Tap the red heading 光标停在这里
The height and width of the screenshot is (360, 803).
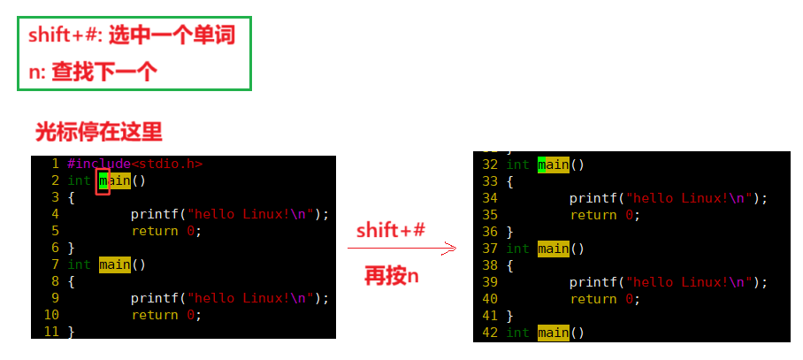[x=98, y=133]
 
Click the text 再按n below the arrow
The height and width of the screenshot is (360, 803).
[x=391, y=277]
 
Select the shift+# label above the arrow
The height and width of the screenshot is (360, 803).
[x=391, y=231]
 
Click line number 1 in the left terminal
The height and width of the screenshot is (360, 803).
[x=55, y=164]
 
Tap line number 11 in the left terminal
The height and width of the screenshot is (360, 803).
[x=50, y=332]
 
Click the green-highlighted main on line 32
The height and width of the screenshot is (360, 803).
[x=553, y=165]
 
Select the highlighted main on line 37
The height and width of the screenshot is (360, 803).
[x=553, y=249]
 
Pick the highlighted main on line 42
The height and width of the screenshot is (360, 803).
[x=553, y=333]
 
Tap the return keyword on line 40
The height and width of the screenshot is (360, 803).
[x=593, y=299]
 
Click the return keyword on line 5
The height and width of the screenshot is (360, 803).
[x=155, y=231]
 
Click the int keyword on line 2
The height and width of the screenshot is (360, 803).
[x=80, y=180]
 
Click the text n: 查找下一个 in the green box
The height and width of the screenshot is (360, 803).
[x=93, y=73]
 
